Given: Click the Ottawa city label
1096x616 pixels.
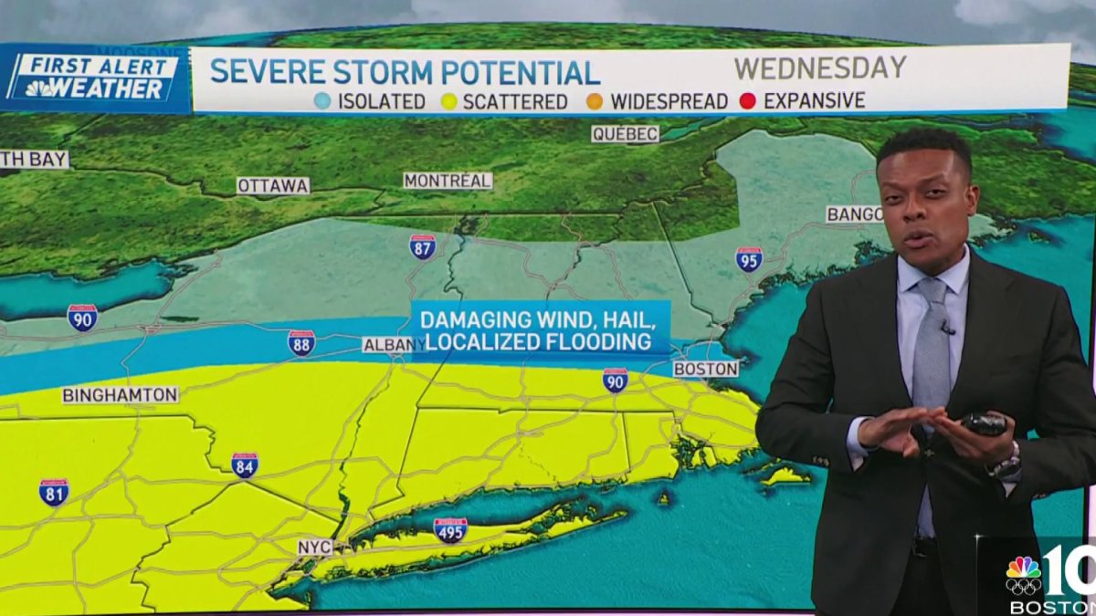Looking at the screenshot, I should coord(273,185).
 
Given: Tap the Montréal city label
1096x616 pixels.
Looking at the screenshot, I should coord(448,181).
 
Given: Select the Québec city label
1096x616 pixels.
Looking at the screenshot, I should coord(625,134).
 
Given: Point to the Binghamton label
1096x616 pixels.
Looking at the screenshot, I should coord(120,395).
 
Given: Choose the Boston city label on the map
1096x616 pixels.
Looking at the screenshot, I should coord(705,369).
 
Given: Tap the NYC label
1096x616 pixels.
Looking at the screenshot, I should coord(314,547).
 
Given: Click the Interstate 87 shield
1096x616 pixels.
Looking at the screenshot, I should coord(422,246).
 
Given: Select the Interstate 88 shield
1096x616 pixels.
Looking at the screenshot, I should coord(301,343).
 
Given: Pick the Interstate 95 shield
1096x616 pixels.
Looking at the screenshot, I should coord(749,259).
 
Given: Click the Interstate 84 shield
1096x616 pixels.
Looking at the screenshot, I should coord(244,465).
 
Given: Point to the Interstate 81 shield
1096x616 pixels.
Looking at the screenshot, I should coord(53,492).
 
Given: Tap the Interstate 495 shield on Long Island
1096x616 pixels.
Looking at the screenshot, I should coord(449,530).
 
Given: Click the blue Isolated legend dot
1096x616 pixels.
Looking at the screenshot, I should coord(322,101).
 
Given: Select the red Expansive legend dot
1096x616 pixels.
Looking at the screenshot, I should coord(747,100).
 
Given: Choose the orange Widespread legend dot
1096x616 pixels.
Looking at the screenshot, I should coord(595,101).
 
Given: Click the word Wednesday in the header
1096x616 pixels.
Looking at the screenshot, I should coord(820,68).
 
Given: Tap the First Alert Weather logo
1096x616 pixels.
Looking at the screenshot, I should coord(92,78).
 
